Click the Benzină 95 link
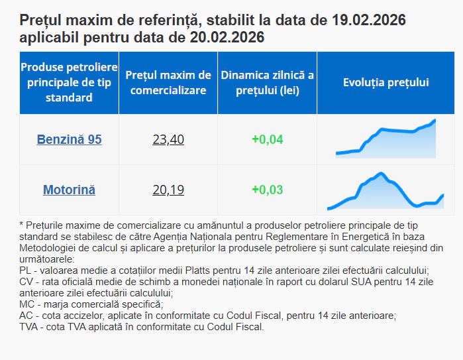coord(69,140)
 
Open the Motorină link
coord(69,190)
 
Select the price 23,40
coord(168,140)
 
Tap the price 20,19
coord(168,190)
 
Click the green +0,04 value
coord(267,140)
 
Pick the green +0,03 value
coord(267,190)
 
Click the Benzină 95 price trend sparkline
coord(386,140)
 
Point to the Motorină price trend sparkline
coord(386,191)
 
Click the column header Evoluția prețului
coord(386,83)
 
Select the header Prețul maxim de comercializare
coord(168,83)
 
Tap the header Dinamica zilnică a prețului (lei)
coord(267,83)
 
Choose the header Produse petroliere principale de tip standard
coord(69,83)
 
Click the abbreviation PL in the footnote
coord(26,270)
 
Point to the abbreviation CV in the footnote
coord(27,282)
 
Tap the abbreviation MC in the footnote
coord(28,304)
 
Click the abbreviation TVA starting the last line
coord(30,327)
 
